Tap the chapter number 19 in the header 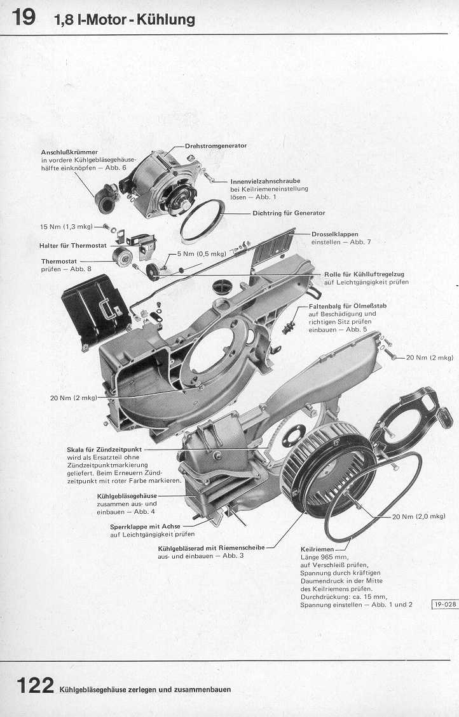click(x=24, y=17)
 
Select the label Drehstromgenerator click(x=216, y=145)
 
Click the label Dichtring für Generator click(x=289, y=213)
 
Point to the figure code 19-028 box click(x=445, y=605)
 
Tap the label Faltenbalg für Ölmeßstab click(x=347, y=306)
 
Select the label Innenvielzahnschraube click(x=265, y=181)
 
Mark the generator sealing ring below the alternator click(x=203, y=221)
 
